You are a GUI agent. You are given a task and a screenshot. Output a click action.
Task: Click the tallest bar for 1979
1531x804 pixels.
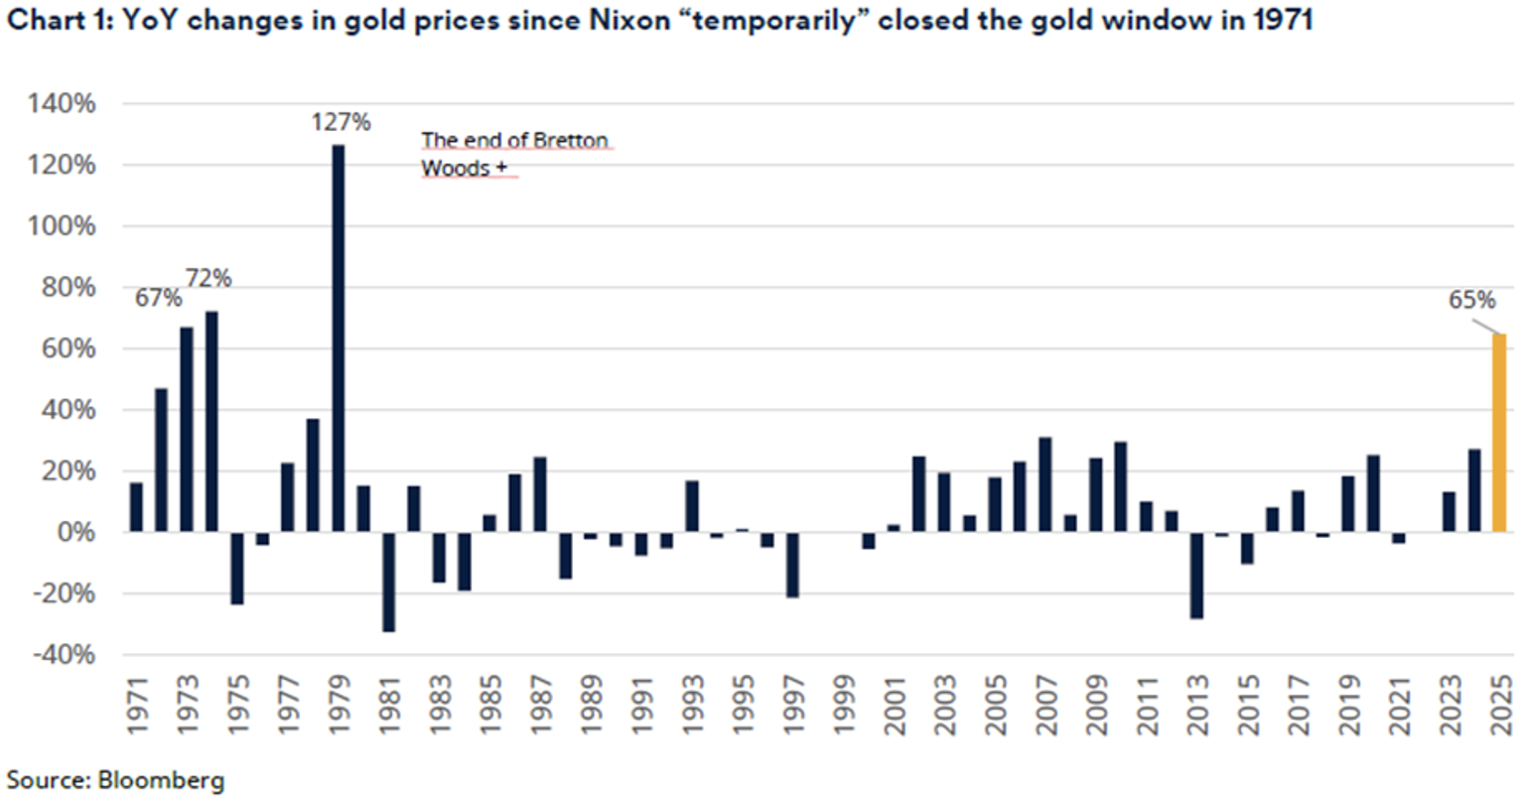[339, 337]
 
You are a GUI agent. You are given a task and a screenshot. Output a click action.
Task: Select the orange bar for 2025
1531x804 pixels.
[1499, 433]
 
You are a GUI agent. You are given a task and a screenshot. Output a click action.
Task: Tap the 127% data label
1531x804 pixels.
[341, 122]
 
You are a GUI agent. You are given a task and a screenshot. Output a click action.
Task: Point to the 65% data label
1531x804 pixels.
[1471, 300]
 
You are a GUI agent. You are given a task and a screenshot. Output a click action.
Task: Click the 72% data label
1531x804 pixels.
[209, 279]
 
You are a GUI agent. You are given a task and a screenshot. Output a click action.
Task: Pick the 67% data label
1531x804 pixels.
[159, 297]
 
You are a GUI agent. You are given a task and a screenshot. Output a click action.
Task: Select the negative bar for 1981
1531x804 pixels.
[389, 582]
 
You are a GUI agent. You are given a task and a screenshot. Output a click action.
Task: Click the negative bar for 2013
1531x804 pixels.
[1196, 576]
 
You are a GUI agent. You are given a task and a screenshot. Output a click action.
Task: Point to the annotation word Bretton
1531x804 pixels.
[571, 140]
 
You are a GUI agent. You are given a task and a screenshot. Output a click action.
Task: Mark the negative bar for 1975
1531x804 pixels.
[237, 568]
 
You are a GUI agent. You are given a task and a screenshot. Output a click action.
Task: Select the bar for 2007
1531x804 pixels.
[1044, 484]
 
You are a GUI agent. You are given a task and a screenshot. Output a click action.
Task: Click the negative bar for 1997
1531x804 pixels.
[792, 565]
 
